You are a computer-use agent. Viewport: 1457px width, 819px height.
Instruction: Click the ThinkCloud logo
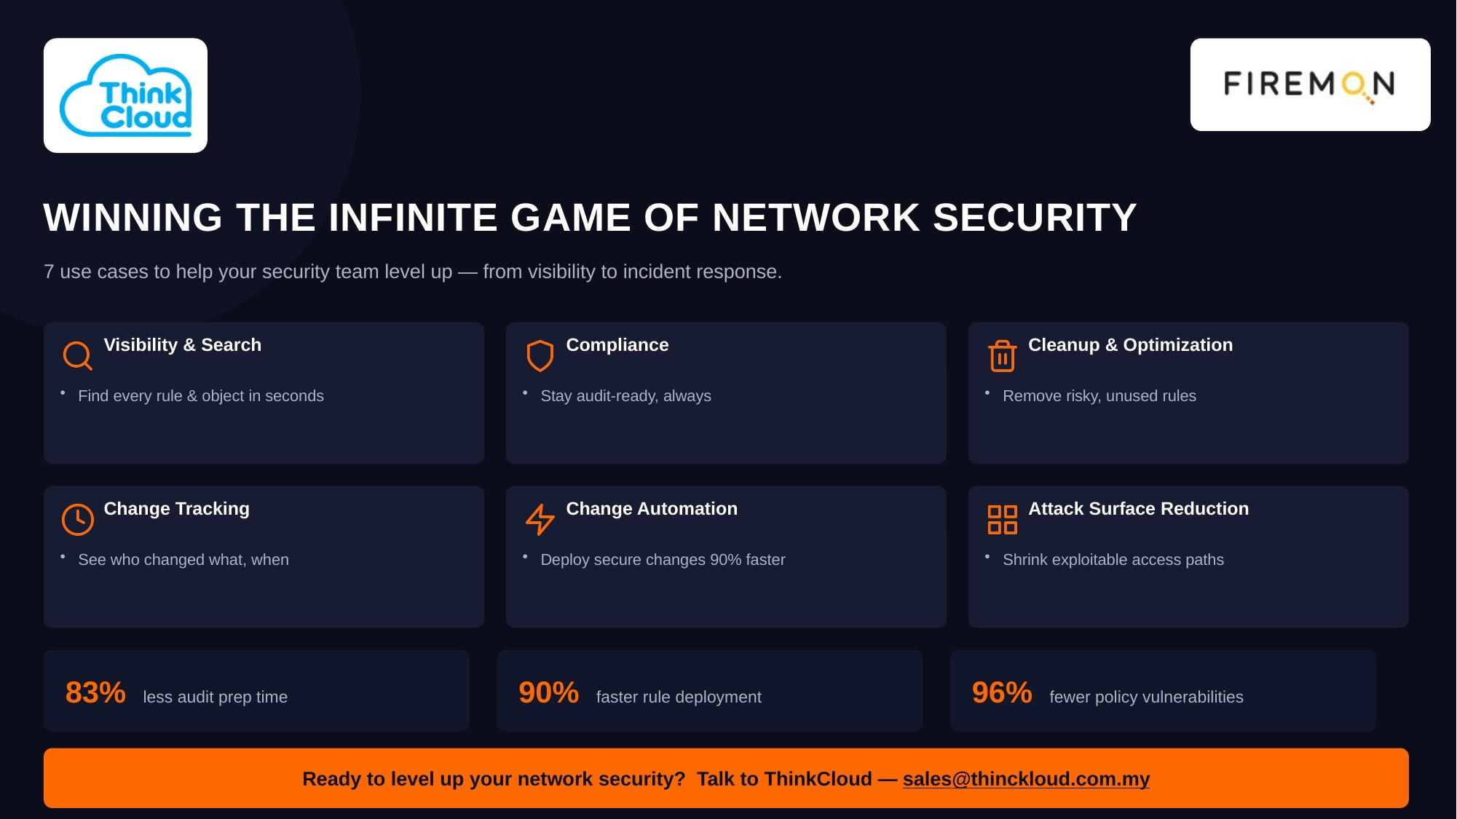pos(125,95)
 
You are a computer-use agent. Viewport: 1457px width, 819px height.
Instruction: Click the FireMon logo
pos(1310,85)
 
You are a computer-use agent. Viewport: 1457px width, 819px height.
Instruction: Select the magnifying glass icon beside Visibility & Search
pos(77,356)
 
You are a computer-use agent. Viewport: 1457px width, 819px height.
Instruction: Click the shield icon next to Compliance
pos(540,356)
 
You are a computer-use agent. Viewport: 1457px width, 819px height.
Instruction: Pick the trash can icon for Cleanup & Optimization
pos(1002,356)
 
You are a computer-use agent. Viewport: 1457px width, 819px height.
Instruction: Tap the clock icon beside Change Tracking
pos(77,520)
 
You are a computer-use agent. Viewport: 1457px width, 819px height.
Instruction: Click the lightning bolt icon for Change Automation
pos(540,520)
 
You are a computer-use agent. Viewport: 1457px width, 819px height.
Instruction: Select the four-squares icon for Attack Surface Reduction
pos(1002,520)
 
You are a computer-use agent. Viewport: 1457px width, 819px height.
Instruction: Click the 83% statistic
pos(95,692)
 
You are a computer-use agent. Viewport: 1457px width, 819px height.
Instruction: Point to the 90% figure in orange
pos(548,692)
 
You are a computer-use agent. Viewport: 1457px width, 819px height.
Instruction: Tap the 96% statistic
pos(1002,692)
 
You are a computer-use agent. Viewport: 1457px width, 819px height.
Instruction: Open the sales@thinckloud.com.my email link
pos(1026,779)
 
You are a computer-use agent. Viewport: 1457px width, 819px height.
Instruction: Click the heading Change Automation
pos(652,509)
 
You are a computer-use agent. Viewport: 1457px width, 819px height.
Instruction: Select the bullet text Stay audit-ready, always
pos(625,396)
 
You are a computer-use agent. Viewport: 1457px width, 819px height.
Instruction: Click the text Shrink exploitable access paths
pos(1113,560)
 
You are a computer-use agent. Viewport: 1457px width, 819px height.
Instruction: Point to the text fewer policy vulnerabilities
pos(1146,697)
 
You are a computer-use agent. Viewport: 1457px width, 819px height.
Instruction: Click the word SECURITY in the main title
pos(1035,218)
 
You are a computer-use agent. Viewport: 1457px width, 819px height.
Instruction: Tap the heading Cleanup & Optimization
pos(1130,345)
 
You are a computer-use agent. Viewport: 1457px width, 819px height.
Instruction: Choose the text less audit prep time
pos(215,697)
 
